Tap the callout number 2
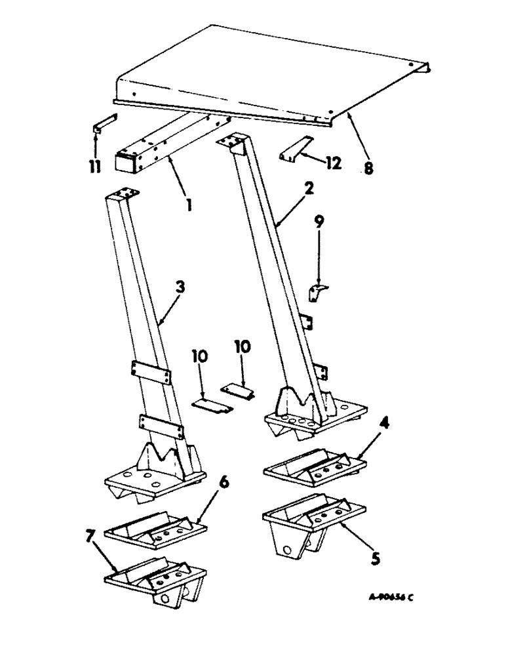coord(309,188)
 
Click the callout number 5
coord(374,560)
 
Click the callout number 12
coord(334,163)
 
